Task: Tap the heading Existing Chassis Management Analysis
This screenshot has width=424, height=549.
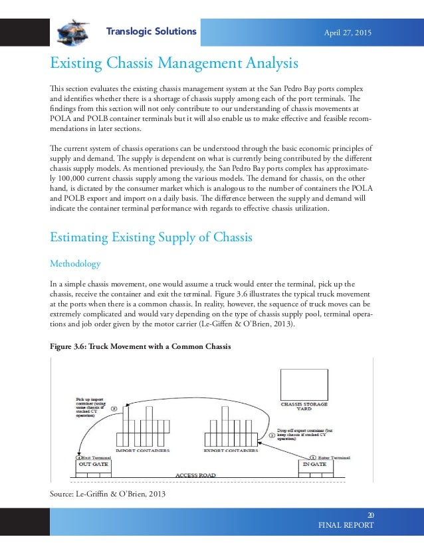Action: pos(174,64)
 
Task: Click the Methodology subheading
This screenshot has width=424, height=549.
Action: pos(75,264)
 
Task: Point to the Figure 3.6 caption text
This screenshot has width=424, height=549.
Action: pos(141,346)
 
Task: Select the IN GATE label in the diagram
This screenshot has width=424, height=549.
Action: pos(314,464)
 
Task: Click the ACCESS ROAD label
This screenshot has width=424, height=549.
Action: pos(195,476)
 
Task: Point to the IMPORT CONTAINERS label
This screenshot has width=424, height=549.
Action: pos(142,450)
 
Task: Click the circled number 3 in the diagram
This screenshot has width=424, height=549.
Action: pos(114,409)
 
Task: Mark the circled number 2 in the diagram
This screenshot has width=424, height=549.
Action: pos(271,435)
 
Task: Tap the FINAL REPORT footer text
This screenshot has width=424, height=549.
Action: pos(347,525)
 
